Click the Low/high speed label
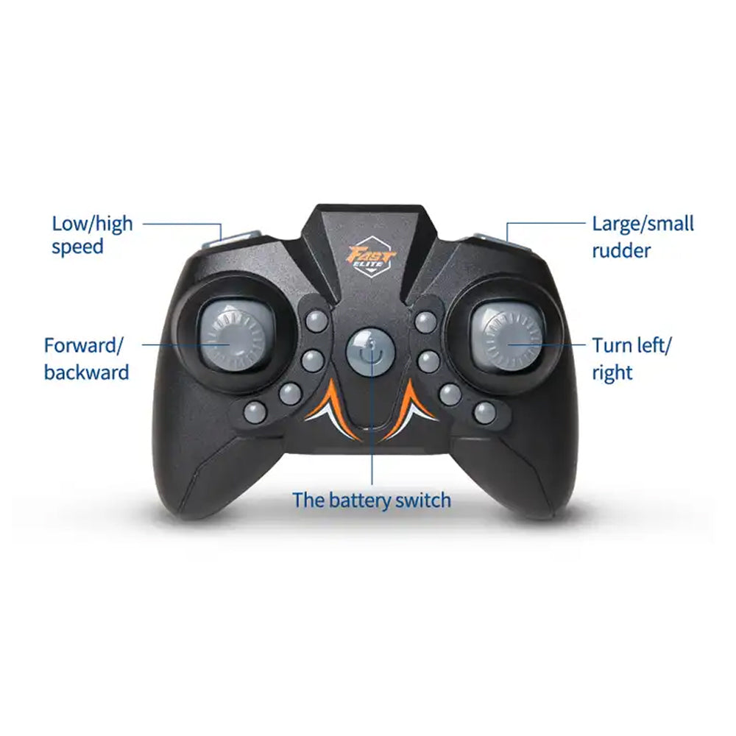(92, 236)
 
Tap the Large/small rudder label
(643, 236)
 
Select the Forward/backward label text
(86, 358)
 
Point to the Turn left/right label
(631, 358)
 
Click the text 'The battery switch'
(371, 500)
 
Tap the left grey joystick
(236, 333)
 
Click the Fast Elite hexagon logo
(371, 258)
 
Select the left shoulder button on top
(233, 241)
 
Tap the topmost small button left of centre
(316, 322)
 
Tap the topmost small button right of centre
(425, 322)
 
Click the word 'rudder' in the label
(621, 250)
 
